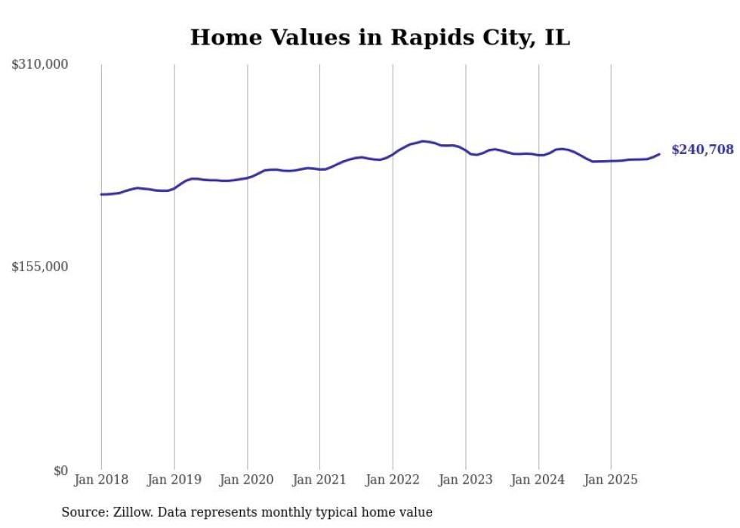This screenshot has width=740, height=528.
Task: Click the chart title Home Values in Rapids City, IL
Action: pyautogui.click(x=380, y=38)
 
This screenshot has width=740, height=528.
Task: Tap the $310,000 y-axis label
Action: pyautogui.click(x=40, y=65)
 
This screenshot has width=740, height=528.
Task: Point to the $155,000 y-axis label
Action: pyautogui.click(x=40, y=267)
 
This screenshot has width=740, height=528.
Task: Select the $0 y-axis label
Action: pyautogui.click(x=60, y=471)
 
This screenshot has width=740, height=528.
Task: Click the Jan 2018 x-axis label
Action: pyautogui.click(x=101, y=480)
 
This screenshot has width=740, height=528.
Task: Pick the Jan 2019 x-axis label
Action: pyautogui.click(x=174, y=480)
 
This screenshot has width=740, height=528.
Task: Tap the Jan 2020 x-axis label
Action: pyautogui.click(x=247, y=480)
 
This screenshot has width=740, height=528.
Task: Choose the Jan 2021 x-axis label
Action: pyautogui.click(x=319, y=480)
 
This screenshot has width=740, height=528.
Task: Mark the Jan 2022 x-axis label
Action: pyautogui.click(x=393, y=480)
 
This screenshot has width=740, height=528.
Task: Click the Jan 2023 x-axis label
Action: pyautogui.click(x=465, y=480)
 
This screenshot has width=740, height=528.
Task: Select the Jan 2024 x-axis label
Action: pyautogui.click(x=538, y=480)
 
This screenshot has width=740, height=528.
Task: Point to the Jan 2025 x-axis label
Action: pyautogui.click(x=611, y=480)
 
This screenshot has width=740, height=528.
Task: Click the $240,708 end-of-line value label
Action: pyautogui.click(x=702, y=150)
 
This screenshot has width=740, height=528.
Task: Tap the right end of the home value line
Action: pyautogui.click(x=659, y=154)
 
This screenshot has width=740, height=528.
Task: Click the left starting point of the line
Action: pyautogui.click(x=102, y=194)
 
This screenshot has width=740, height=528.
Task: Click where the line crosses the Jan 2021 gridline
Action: pyautogui.click(x=319, y=169)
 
